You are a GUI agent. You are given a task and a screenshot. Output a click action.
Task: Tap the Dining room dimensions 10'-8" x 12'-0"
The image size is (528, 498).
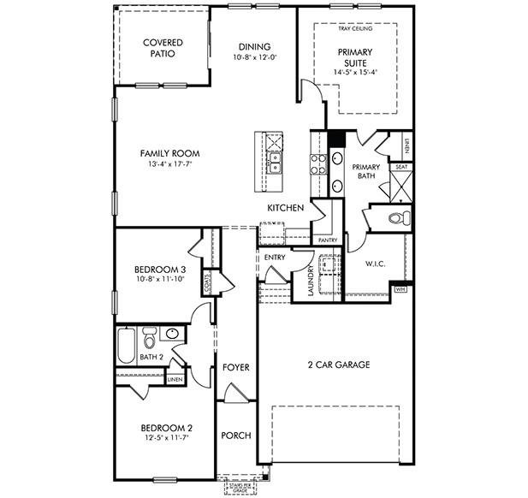tap(256, 57)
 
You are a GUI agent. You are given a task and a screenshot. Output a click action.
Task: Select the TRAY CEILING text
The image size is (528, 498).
tap(356, 28)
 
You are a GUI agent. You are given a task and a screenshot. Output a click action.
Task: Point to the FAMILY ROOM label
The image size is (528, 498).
tap(169, 154)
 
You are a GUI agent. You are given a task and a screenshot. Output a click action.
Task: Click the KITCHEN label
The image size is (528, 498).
tap(285, 209)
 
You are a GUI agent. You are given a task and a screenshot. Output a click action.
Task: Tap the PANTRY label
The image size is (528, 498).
tap(327, 240)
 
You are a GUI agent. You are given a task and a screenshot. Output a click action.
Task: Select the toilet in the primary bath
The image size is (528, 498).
tap(396, 218)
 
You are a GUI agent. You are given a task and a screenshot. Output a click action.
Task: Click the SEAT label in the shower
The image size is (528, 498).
tap(400, 168)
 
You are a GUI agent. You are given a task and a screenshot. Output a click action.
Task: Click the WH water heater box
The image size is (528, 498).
tap(400, 290)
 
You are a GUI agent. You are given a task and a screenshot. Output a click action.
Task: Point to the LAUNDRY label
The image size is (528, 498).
tap(311, 282)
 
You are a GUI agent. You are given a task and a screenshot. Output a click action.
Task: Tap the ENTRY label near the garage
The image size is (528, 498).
tap(275, 257)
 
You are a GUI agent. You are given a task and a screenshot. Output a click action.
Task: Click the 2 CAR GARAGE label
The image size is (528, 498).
tap(339, 365)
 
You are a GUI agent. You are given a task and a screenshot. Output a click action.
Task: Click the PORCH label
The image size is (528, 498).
tap(236, 436)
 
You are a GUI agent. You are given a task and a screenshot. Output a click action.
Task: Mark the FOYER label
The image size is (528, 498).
tap(236, 367)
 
